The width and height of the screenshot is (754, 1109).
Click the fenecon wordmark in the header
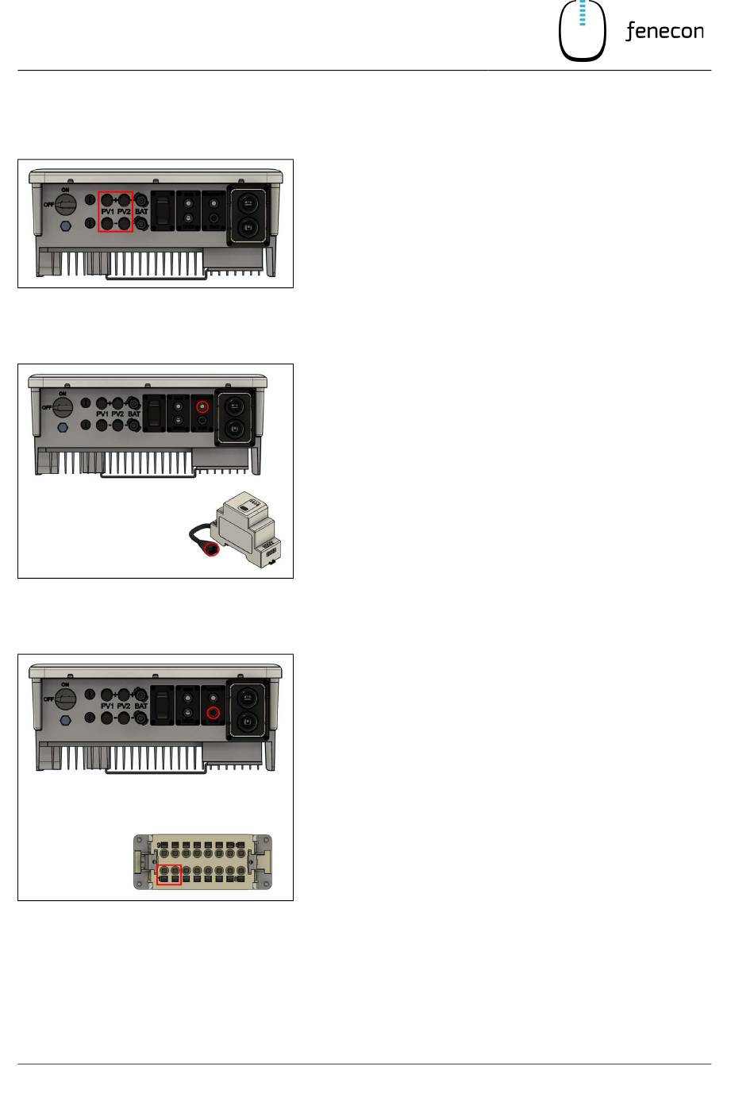(664, 32)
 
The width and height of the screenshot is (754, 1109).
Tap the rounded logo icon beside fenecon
(583, 31)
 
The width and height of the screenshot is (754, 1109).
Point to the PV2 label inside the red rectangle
(124, 212)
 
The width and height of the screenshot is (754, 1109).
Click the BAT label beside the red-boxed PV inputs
(141, 212)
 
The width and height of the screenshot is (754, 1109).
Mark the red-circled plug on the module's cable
(212, 548)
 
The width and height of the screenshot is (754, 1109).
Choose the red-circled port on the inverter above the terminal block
(213, 713)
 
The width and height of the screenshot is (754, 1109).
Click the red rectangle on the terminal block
(169, 875)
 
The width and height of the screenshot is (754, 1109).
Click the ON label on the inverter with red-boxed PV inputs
(65, 191)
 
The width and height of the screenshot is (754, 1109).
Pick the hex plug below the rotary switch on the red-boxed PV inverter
(66, 225)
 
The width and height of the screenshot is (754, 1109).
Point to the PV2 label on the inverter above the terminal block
(124, 706)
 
